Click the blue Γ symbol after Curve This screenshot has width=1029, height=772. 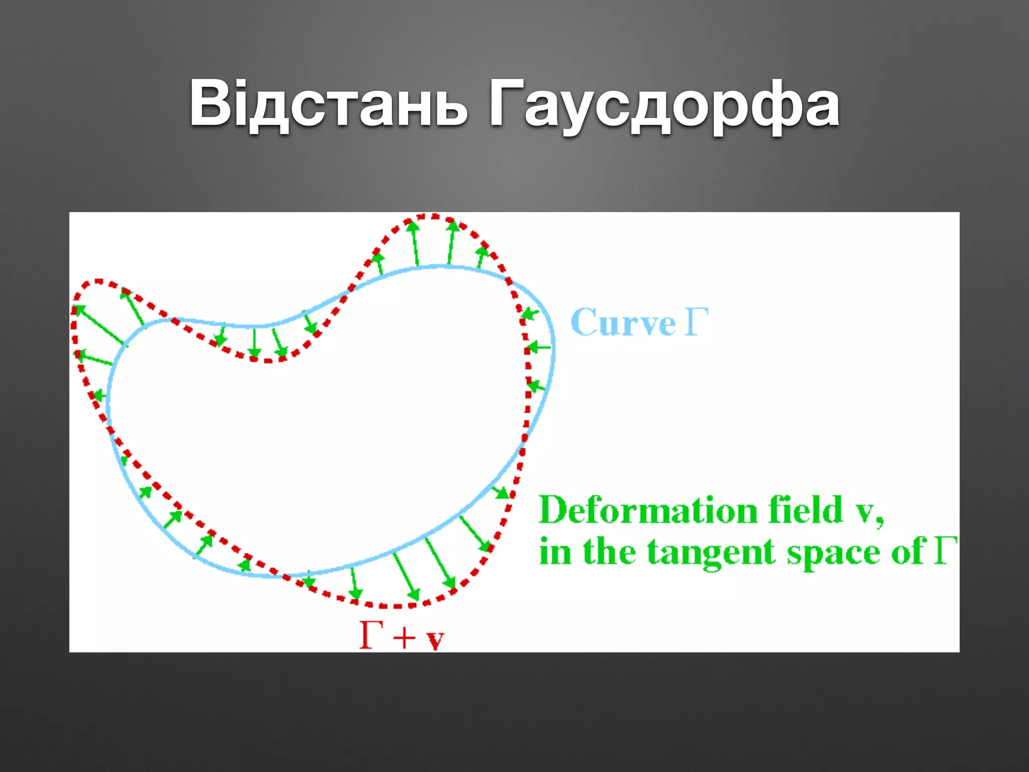coord(696,322)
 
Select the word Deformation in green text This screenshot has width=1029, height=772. coord(648,510)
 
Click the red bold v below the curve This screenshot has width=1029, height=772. coord(435,640)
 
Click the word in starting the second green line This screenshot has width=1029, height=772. coord(555,552)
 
